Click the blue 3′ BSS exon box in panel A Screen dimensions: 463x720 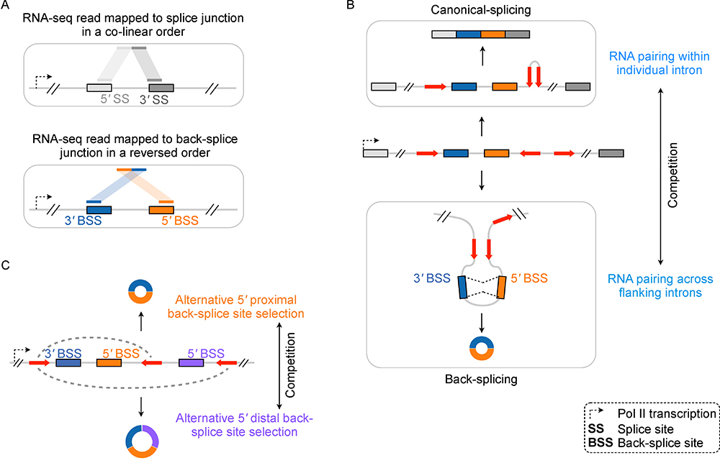pos(98,209)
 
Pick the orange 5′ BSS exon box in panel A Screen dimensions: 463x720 pos(161,209)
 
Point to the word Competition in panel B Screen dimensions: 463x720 pos(673,175)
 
